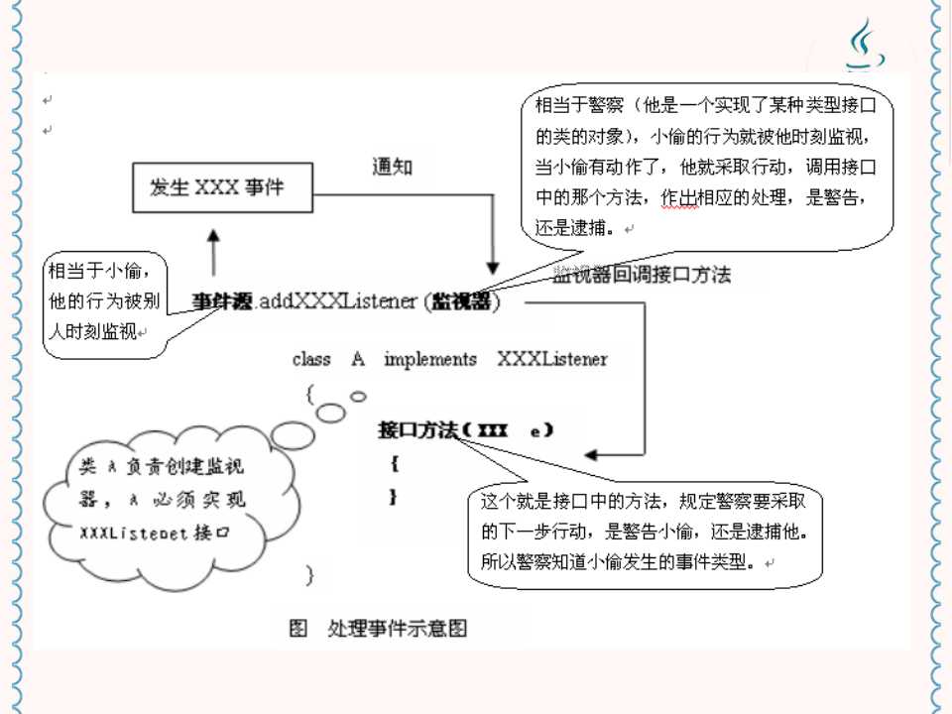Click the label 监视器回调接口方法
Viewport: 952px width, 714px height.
click(x=642, y=275)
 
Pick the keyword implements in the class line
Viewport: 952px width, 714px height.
click(x=429, y=359)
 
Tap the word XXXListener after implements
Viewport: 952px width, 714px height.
click(x=552, y=359)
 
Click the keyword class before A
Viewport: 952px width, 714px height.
click(x=311, y=359)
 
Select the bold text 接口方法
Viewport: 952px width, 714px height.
click(x=416, y=431)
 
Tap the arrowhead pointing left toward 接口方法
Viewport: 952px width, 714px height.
click(x=592, y=454)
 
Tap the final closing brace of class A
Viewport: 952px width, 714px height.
click(x=310, y=573)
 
